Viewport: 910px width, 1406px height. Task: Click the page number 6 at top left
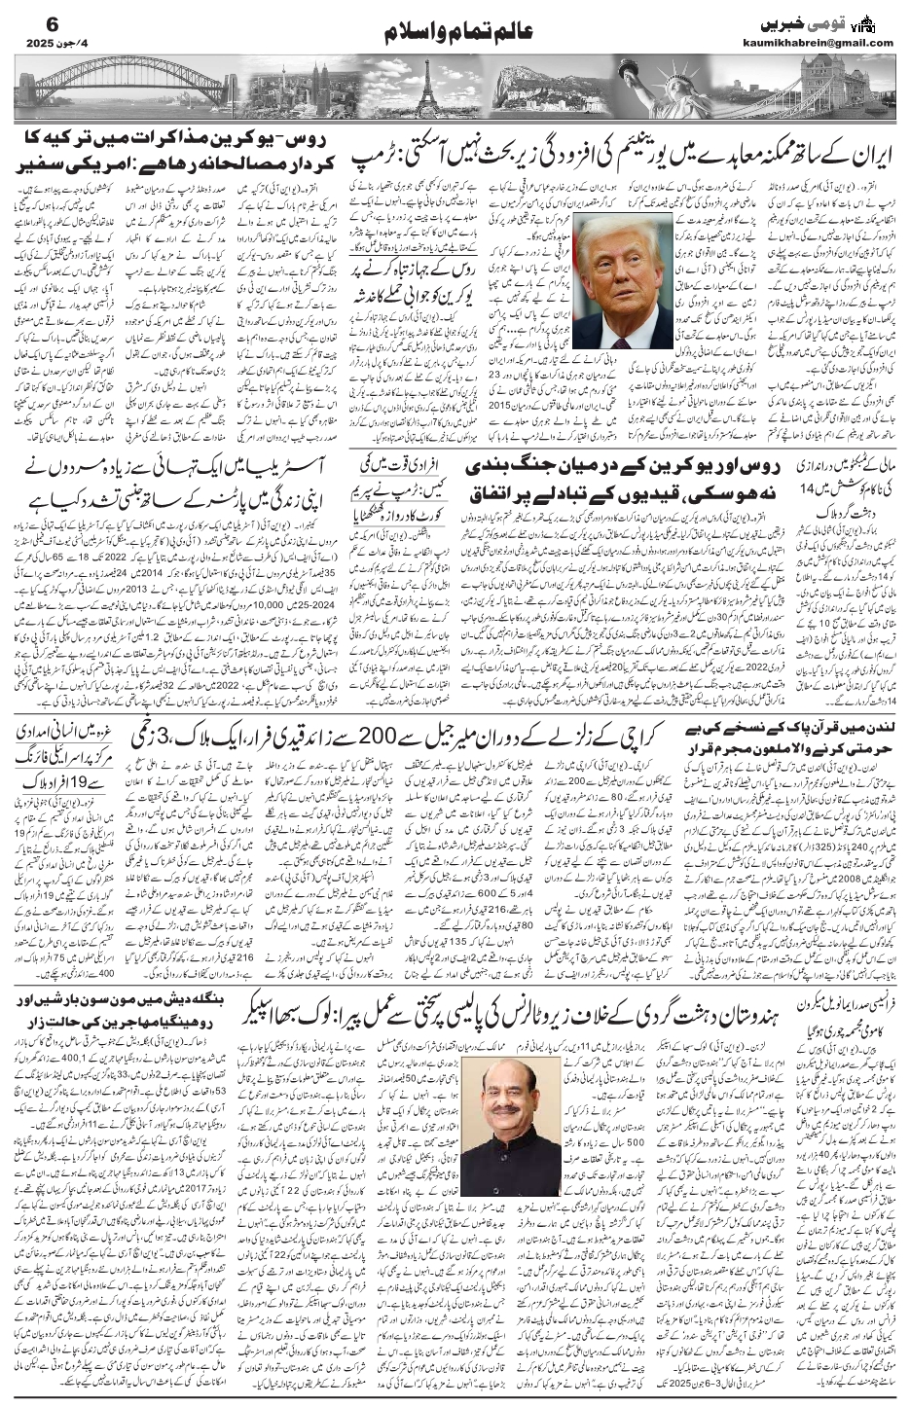tap(27, 21)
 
